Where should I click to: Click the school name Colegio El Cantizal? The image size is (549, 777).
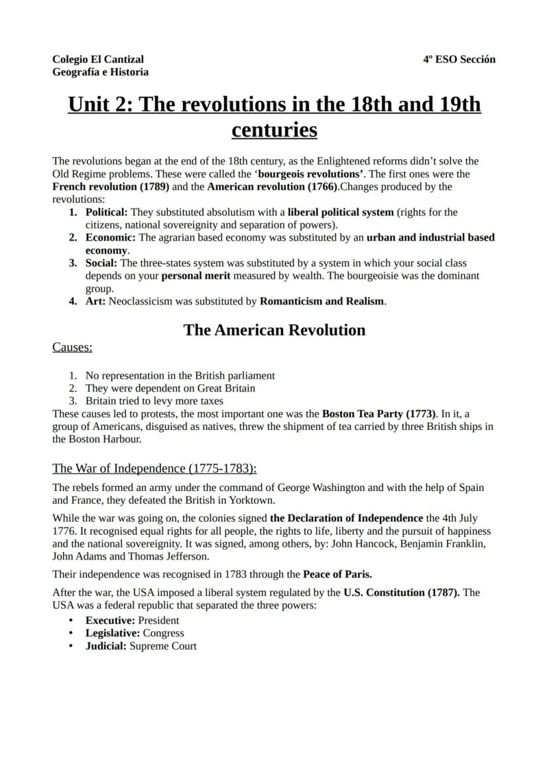97,59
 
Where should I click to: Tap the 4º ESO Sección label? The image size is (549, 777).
459,59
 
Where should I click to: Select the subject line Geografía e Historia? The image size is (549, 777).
100,72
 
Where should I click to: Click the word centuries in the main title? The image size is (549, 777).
274,129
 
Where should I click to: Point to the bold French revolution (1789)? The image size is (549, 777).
111,186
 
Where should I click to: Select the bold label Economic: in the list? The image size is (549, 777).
111,237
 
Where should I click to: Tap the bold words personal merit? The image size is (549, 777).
197,275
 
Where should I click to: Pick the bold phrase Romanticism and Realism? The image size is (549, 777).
322,301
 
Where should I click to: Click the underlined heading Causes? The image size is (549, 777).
72,347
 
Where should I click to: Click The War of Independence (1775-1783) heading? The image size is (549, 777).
154,468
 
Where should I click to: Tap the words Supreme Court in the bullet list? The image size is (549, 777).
162,646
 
